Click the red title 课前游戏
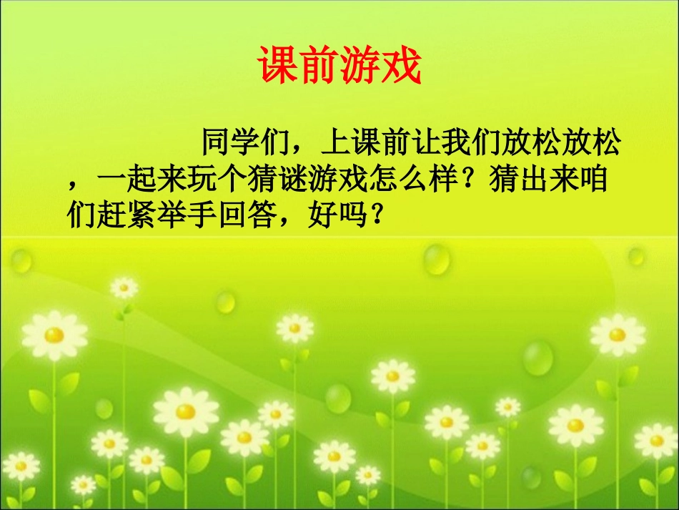[339, 67]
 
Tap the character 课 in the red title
[278, 67]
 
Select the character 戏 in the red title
[401, 67]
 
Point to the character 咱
[595, 180]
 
